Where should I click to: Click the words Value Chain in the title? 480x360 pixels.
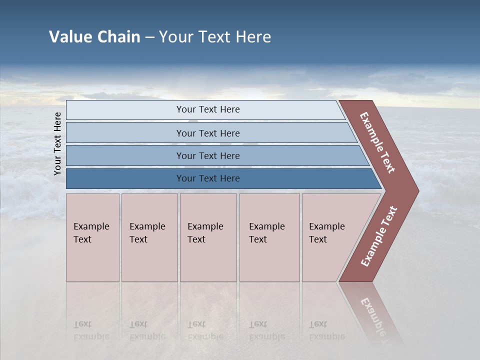(94, 37)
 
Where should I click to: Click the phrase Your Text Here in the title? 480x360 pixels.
(215, 37)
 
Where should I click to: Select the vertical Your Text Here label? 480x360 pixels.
(57, 143)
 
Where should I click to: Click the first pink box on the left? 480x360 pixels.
(92, 260)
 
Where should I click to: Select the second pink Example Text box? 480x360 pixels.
(149, 260)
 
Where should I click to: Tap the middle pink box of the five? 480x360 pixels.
(208, 260)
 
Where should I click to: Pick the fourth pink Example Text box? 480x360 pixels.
(269, 260)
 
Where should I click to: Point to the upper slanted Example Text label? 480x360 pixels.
(377, 142)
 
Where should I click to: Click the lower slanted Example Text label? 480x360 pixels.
(379, 236)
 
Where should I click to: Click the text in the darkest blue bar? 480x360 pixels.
(208, 178)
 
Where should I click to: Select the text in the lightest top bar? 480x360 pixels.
(208, 109)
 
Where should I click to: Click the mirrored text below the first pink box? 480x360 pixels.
(91, 330)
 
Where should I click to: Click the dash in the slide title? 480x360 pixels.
(149, 37)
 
